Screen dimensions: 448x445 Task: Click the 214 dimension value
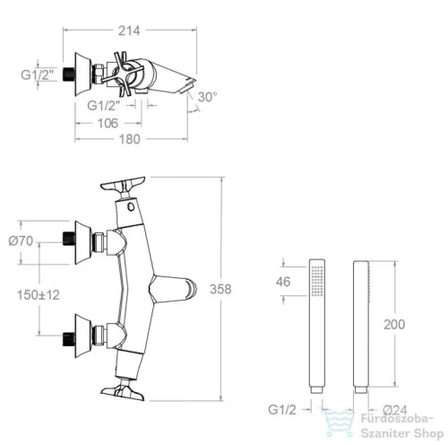pyautogui.click(x=129, y=31)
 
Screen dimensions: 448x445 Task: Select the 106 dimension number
pyautogui.click(x=108, y=123)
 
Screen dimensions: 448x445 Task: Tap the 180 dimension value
pyautogui.click(x=130, y=139)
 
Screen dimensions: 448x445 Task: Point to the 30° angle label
pyautogui.click(x=207, y=97)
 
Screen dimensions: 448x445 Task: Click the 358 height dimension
pyautogui.click(x=220, y=289)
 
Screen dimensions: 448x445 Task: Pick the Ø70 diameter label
pyautogui.click(x=21, y=240)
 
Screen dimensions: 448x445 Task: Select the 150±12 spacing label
pyautogui.click(x=39, y=295)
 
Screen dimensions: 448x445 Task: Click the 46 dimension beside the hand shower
pyautogui.click(x=283, y=282)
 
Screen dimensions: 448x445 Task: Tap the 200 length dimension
pyautogui.click(x=394, y=325)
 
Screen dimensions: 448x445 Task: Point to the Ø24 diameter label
pyautogui.click(x=395, y=410)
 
